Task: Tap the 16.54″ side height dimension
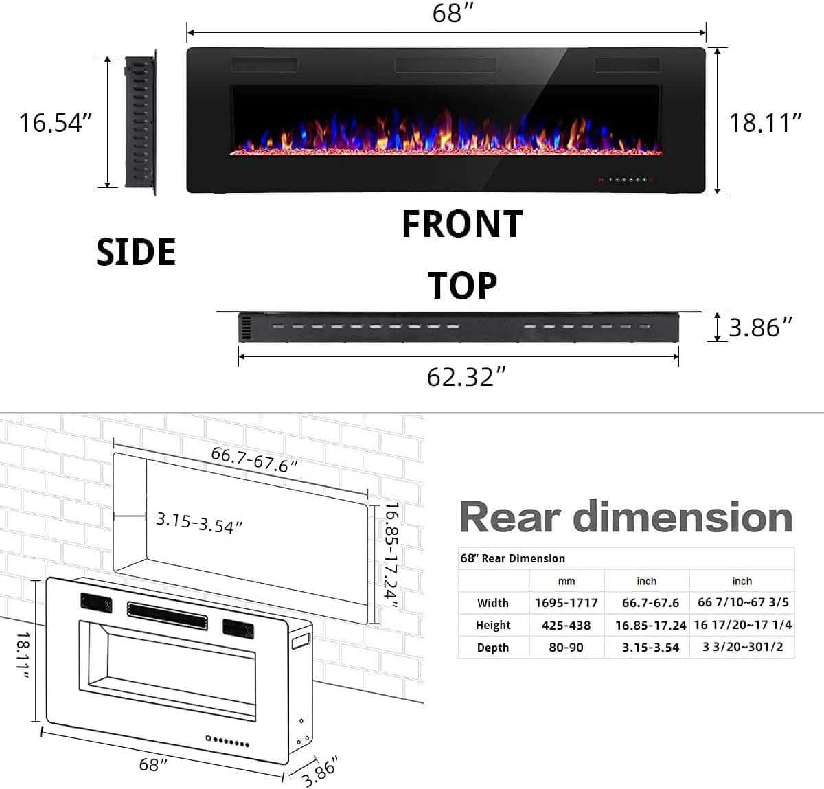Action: [x=55, y=123]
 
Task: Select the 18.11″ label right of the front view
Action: [x=765, y=123]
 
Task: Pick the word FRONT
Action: [x=461, y=225]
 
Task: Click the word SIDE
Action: [x=136, y=252]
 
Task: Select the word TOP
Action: [x=462, y=286]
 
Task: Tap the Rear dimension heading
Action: [x=626, y=517]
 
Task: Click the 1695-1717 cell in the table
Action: [x=566, y=603]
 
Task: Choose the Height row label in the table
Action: [x=493, y=625]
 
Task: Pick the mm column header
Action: [x=566, y=581]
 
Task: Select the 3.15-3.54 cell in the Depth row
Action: [x=650, y=648]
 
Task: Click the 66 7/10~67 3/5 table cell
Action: [x=743, y=602]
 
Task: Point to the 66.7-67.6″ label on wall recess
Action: [x=254, y=459]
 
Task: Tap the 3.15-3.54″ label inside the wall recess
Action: [x=199, y=523]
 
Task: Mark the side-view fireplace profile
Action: [x=141, y=122]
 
